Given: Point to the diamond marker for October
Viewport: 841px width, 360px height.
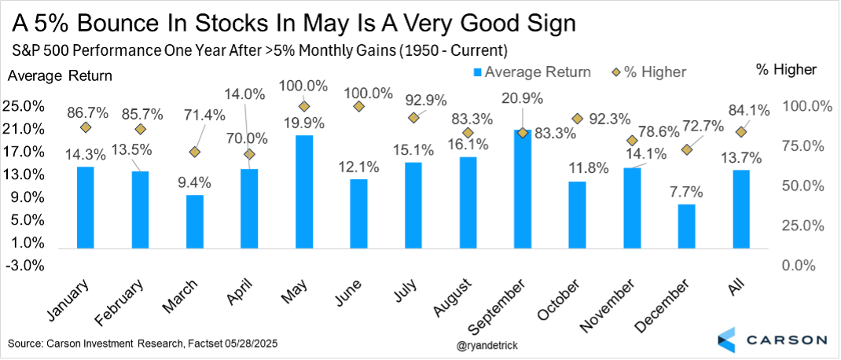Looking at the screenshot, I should [578, 119].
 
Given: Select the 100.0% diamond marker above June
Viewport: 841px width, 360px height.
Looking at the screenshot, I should [358, 106].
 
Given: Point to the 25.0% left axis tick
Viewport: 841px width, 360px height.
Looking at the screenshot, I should [25, 106].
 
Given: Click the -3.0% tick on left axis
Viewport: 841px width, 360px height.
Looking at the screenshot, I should [25, 265].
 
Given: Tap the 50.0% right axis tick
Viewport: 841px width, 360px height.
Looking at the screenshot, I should [801, 186].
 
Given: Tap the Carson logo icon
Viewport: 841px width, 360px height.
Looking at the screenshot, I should [728, 340].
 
